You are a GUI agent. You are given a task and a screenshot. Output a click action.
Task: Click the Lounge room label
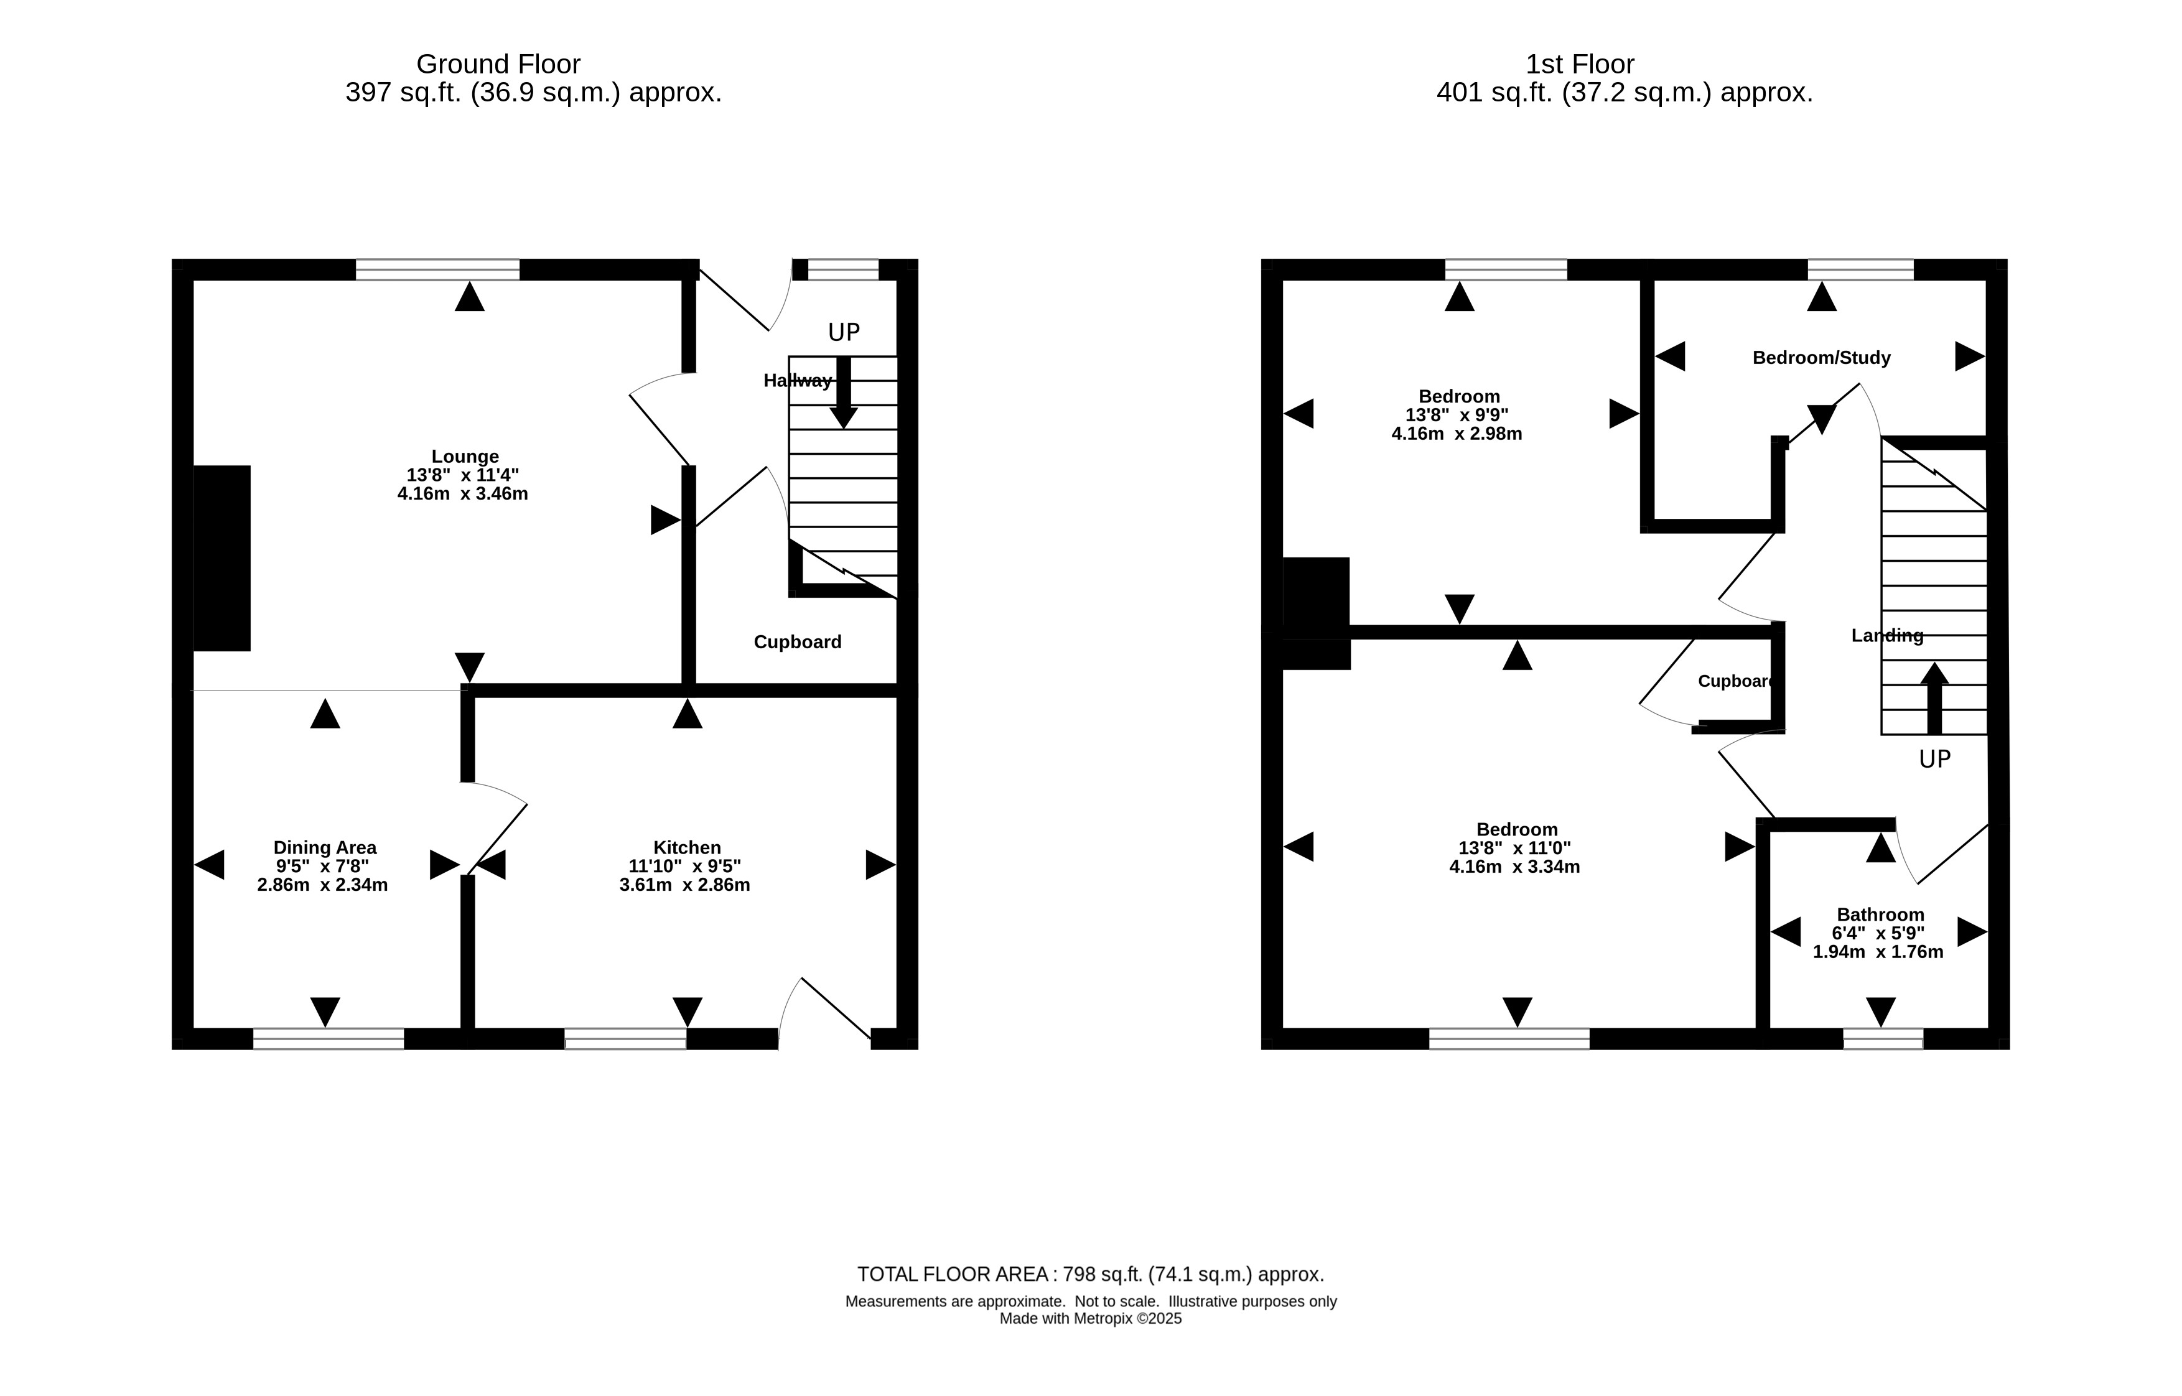[464, 457]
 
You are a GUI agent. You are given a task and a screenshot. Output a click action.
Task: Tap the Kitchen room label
[687, 847]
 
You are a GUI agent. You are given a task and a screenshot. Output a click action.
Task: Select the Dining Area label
[325, 847]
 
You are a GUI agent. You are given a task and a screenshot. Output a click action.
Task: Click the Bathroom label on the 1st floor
[1880, 914]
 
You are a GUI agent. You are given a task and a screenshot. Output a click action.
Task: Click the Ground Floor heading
[498, 64]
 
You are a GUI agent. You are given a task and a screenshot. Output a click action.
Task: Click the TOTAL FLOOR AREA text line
[1091, 1275]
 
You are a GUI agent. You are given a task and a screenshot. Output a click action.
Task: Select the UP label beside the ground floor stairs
[844, 333]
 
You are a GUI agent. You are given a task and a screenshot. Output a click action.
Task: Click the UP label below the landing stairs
[1934, 760]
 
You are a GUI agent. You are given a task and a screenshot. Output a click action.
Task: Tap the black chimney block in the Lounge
[222, 559]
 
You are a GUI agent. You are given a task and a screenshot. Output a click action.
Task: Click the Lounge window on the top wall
[438, 269]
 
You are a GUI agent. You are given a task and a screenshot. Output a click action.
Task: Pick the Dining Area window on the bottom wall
[328, 1039]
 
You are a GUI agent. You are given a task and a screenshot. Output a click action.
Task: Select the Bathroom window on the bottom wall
[1883, 1039]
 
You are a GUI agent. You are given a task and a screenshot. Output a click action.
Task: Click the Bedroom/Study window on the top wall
[1860, 269]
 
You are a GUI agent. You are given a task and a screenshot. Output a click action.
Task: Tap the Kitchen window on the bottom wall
[625, 1039]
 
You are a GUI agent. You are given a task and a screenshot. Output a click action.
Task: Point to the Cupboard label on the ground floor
[798, 642]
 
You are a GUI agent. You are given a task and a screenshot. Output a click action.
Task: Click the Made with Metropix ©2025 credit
[1091, 1319]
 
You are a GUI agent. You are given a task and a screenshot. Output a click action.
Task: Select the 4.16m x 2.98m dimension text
[1456, 434]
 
